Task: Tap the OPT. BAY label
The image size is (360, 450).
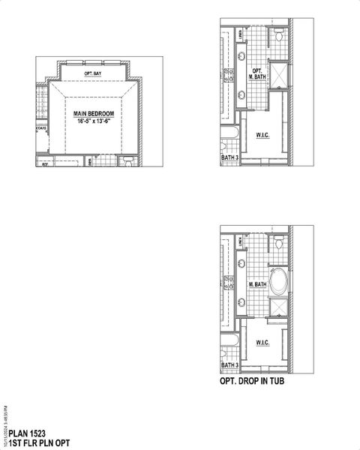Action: coord(93,73)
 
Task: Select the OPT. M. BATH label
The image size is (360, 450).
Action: coord(256,73)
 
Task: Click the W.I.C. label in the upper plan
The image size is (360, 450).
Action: coord(262,136)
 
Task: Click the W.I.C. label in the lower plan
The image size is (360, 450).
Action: coord(262,343)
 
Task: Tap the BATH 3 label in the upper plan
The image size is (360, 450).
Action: coord(229,158)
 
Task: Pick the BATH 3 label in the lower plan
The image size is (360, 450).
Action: coord(229,365)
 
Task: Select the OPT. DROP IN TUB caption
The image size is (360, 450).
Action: coord(251,381)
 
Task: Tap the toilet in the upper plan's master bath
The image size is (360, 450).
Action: coord(278,35)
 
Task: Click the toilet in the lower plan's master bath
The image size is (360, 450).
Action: coord(278,241)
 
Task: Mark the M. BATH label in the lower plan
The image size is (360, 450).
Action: coord(257,284)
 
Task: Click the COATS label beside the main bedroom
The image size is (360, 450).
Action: coord(40,128)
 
